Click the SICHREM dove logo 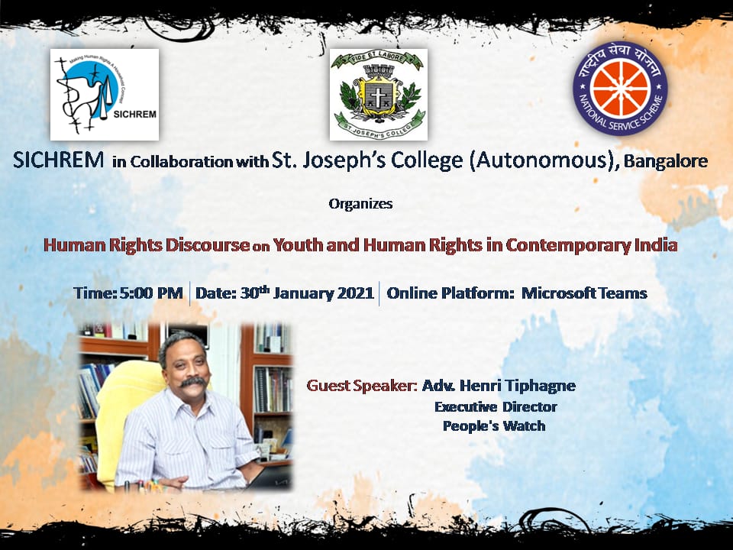tap(105, 95)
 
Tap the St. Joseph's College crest tap(379, 95)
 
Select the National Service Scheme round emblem tap(620, 89)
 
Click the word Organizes tap(360, 204)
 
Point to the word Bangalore tap(666, 161)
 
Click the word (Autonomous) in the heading tap(543, 160)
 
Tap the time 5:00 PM tap(151, 293)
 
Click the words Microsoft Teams tap(584, 293)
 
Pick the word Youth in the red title tap(298, 245)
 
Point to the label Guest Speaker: tap(362, 385)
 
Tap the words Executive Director tap(496, 407)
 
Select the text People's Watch tap(494, 426)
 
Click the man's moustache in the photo tap(193, 382)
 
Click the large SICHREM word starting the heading tap(59, 160)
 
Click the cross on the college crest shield tap(376, 95)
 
